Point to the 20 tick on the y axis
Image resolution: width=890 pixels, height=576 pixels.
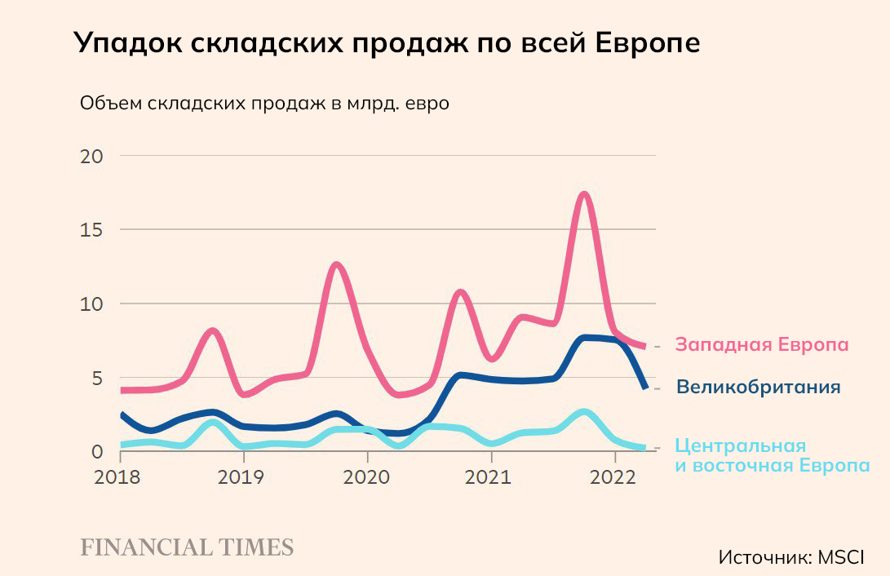[91, 156]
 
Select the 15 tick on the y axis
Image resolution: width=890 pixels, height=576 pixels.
[91, 230]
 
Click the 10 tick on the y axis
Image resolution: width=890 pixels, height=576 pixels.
[91, 304]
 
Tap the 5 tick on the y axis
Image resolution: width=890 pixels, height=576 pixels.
[97, 379]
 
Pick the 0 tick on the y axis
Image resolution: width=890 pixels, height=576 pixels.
[97, 452]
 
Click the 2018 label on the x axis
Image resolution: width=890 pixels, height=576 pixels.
[119, 477]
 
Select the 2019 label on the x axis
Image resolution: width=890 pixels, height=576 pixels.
[242, 477]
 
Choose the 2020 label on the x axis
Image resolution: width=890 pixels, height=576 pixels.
[367, 477]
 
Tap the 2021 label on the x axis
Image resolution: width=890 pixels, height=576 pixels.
[490, 477]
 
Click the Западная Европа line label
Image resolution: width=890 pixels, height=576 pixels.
[762, 344]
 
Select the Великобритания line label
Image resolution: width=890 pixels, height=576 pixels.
[759, 387]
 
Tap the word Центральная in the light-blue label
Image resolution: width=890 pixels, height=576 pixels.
[741, 446]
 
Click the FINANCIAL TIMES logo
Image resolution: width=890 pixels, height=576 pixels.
[187, 547]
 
